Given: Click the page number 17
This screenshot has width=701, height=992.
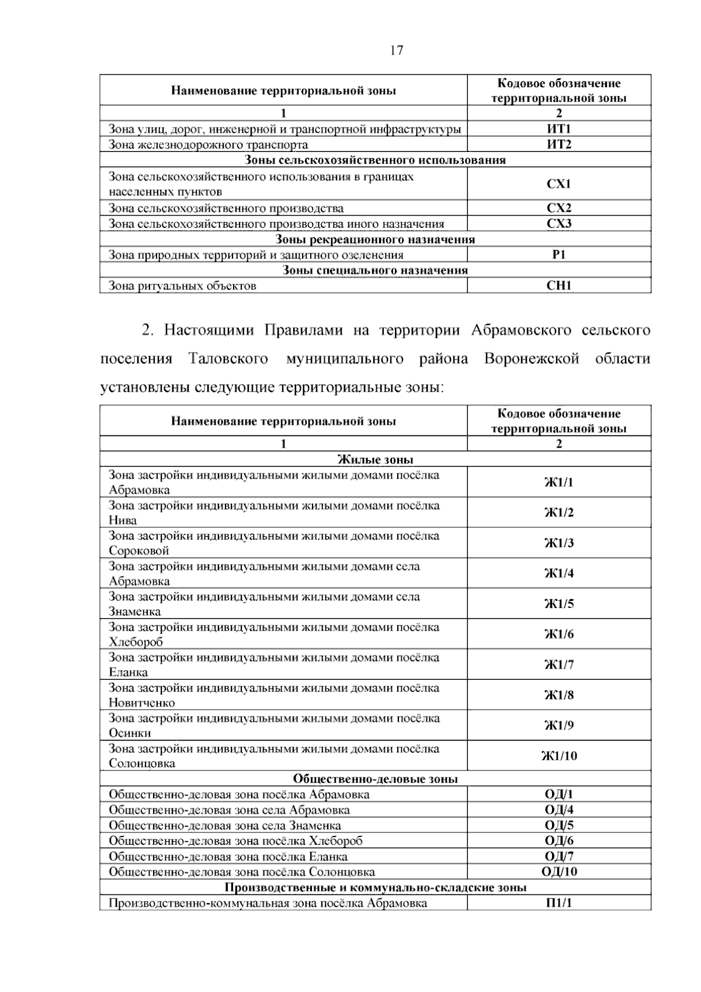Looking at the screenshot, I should pos(396,51).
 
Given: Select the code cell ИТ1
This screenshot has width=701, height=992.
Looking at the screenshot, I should pos(558,129).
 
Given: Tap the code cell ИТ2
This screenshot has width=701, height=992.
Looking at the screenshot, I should pos(558,144).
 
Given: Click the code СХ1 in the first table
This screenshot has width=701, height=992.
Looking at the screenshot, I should pos(558,184).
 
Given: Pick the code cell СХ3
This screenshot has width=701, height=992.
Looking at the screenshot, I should pos(558,223).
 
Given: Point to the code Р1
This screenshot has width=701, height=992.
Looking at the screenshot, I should pos(558,254).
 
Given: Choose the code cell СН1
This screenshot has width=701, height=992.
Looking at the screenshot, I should pos(558,286).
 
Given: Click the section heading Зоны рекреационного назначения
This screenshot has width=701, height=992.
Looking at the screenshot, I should pos(375,239).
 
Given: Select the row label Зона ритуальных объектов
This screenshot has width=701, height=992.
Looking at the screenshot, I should pos(182,286).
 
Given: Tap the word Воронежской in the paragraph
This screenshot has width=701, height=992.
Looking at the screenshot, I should pos(532,358).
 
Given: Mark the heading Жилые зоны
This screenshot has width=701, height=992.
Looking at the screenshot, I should pos(375,459).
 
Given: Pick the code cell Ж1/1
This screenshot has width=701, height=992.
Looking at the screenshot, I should pos(559,482).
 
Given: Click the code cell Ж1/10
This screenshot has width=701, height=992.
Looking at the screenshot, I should pos(559,756).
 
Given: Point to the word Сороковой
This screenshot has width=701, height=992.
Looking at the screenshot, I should pos(139,551).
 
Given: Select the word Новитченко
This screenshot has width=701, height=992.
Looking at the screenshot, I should pos(142,703).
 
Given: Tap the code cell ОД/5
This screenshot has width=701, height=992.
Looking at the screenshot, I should pos(559,825).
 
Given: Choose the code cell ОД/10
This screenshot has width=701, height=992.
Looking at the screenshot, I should pos(559,872).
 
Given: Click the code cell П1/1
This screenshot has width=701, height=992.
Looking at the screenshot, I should pos(559,903).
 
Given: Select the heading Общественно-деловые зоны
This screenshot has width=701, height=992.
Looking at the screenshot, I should pos(375,779).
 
